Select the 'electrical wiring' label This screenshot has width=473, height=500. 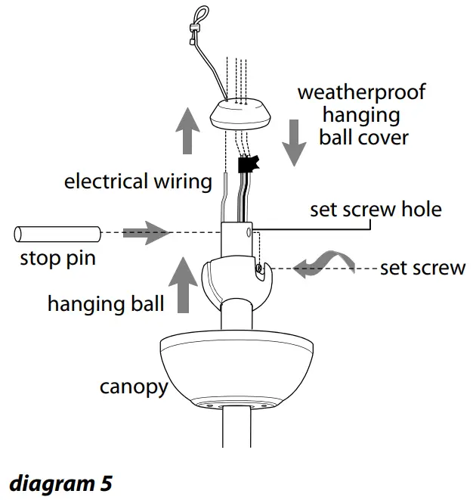pyautogui.click(x=138, y=182)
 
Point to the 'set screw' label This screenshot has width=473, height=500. pyautogui.click(x=422, y=268)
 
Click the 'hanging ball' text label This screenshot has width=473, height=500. pyautogui.click(x=106, y=304)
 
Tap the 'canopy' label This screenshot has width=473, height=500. pyautogui.click(x=133, y=387)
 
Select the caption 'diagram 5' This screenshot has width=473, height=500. pyautogui.click(x=60, y=483)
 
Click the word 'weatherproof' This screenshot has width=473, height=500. pyautogui.click(x=361, y=93)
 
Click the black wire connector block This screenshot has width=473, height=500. pyautogui.click(x=248, y=165)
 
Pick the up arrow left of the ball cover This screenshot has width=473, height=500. pyautogui.click(x=184, y=131)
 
